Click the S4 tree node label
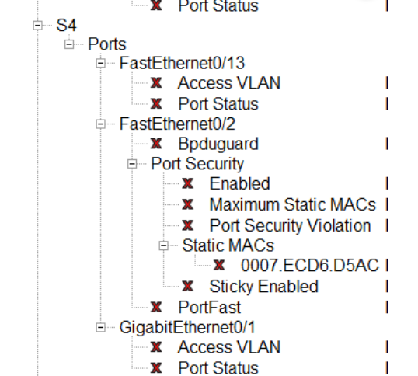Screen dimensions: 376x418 point(67,26)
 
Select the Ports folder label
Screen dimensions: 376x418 point(107,45)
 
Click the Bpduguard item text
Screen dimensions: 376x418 point(218,144)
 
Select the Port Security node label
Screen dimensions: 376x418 point(197,164)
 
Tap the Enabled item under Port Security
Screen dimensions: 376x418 point(240,184)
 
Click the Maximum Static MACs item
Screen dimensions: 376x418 point(293,205)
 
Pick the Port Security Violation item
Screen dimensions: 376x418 point(291,225)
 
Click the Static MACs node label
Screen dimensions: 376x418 point(228,245)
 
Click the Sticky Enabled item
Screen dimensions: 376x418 point(264,286)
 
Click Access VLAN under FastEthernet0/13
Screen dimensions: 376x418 point(229,83)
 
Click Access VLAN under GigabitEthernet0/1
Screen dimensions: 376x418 point(229,347)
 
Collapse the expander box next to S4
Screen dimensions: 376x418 point(37,26)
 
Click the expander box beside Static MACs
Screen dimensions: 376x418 point(164,245)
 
